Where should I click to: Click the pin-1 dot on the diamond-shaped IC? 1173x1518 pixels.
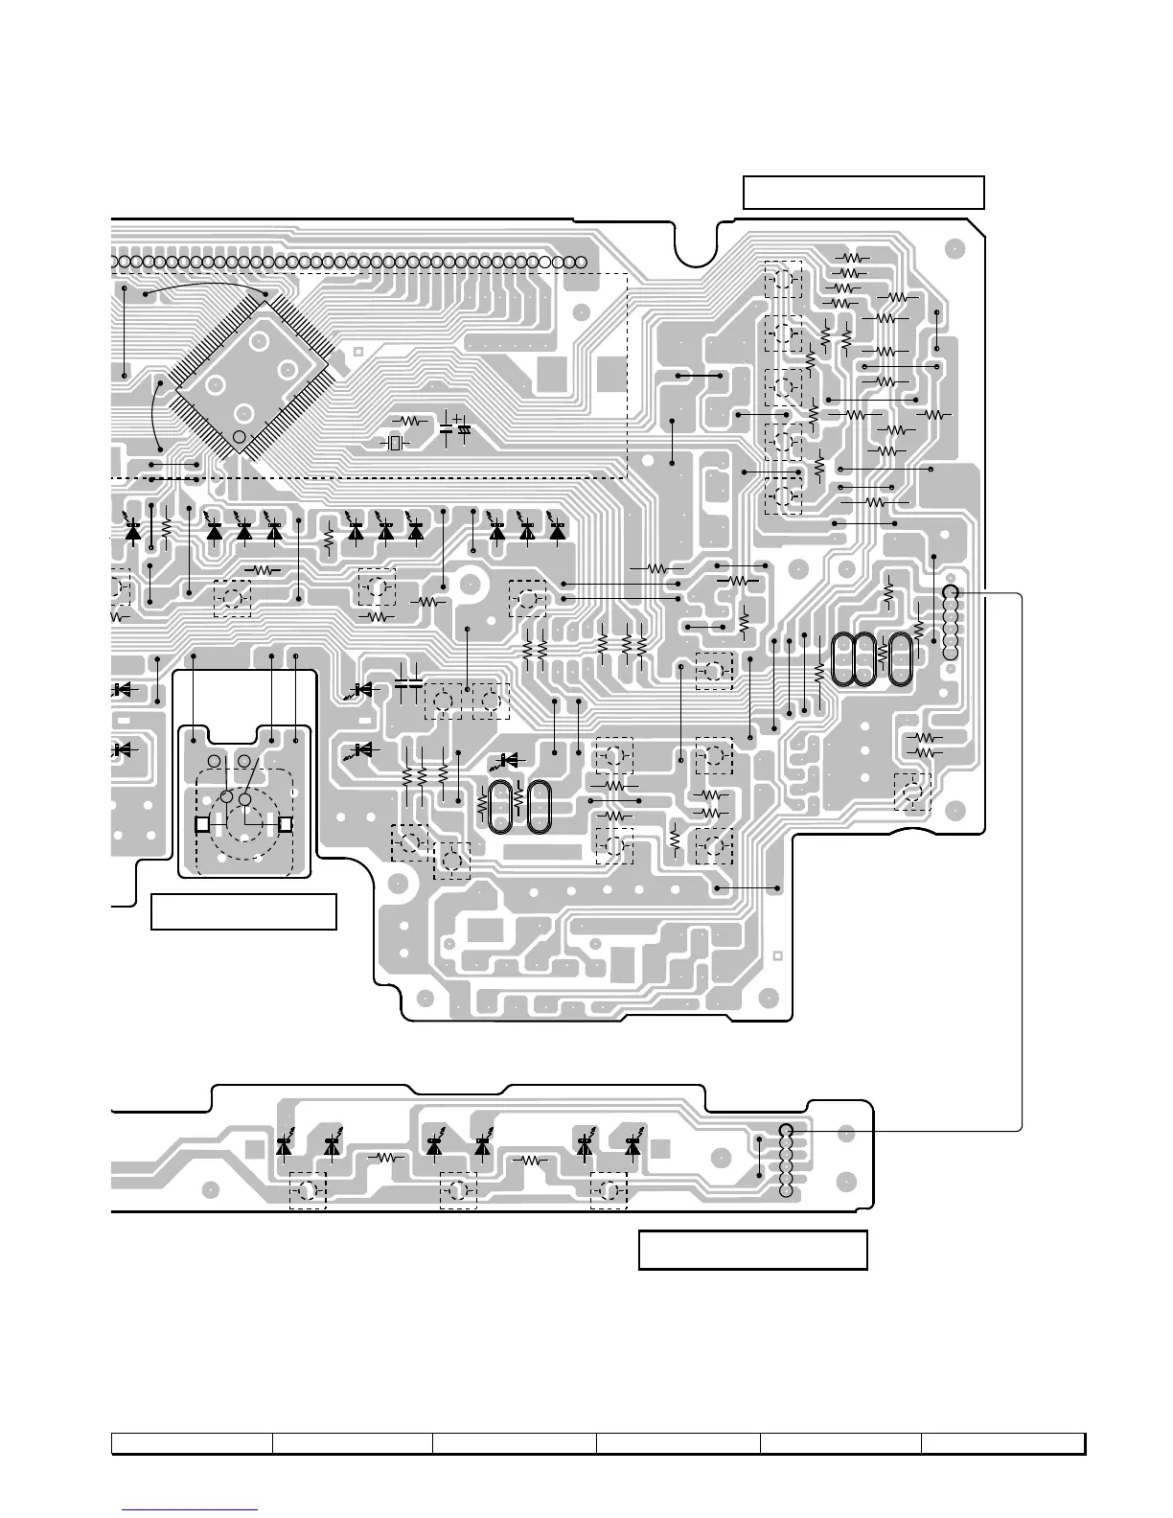point(240,437)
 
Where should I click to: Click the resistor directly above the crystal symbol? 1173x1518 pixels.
point(412,421)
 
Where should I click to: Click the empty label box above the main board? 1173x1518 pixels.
point(863,192)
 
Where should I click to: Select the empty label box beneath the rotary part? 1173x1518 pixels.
point(243,911)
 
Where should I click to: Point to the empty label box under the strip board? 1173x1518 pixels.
point(752,1251)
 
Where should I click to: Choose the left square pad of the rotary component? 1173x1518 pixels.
point(202,823)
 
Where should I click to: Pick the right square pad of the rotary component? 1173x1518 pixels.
point(285,823)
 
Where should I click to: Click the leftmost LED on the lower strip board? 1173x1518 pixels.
point(284,1144)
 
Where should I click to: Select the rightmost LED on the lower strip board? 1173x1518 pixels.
point(632,1144)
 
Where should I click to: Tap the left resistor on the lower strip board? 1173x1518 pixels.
point(387,1158)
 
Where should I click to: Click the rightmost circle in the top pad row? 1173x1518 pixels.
point(580,262)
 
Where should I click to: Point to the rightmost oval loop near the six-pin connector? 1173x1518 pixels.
point(900,660)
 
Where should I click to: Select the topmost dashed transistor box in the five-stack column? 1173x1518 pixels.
point(783,280)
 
